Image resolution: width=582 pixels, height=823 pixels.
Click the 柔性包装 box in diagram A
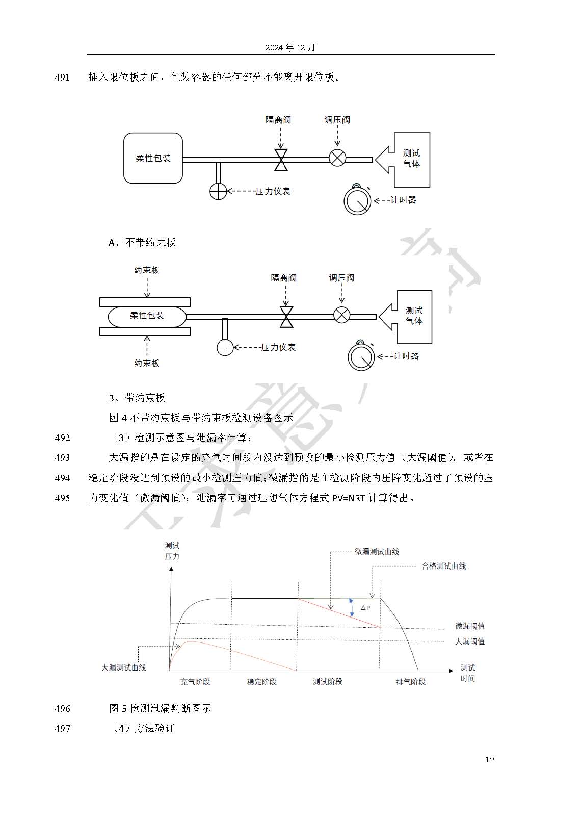(x=153, y=158)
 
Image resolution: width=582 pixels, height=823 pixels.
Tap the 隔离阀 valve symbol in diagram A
(x=281, y=160)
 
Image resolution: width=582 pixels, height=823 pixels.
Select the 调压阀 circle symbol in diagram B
(x=341, y=315)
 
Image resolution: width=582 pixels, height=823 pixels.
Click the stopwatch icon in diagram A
(x=357, y=200)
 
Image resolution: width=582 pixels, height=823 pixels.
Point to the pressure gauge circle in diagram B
(x=225, y=347)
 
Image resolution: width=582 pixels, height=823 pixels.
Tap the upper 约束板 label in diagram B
(x=147, y=270)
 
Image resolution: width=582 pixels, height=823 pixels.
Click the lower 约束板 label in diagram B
(x=147, y=363)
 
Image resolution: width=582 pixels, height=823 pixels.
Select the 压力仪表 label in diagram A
(x=273, y=191)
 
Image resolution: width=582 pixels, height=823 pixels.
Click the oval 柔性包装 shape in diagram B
(x=147, y=316)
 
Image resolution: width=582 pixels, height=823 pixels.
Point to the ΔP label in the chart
(x=365, y=608)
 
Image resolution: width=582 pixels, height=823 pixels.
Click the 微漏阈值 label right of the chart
(x=469, y=626)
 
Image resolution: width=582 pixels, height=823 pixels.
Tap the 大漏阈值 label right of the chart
(x=469, y=641)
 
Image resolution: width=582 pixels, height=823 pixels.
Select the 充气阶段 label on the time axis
(x=195, y=682)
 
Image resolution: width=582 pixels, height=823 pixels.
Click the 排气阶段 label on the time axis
(x=411, y=682)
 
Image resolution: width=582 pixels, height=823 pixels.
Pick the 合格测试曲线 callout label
(x=443, y=566)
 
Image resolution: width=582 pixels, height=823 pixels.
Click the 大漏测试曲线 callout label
(x=124, y=667)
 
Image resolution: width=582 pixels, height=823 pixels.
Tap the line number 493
(x=62, y=458)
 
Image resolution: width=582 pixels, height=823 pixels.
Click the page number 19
(x=489, y=760)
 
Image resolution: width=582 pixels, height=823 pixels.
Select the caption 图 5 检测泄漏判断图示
(x=160, y=708)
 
